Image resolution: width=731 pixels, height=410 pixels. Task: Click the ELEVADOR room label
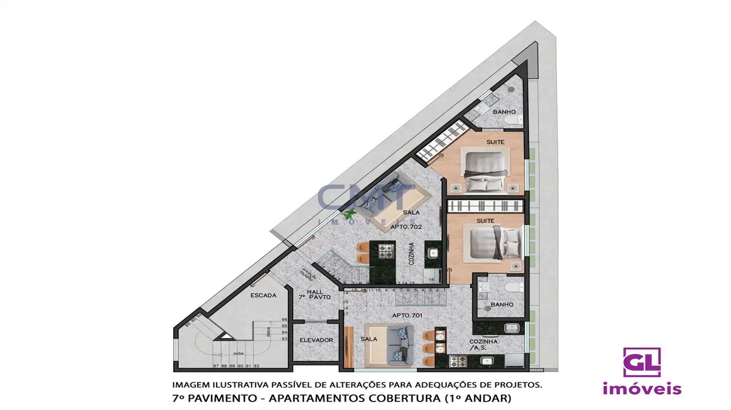[x=316, y=340]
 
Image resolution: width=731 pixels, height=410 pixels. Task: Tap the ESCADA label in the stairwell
[x=263, y=296]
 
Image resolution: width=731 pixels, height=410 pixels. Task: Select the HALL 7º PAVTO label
[x=315, y=295]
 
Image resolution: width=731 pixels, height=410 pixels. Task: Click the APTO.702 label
[x=406, y=227]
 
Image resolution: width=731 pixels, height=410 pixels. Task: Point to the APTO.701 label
[x=407, y=316]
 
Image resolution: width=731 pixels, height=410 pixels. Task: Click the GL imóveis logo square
[x=642, y=362]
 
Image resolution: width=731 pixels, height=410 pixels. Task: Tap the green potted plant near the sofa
[x=349, y=215]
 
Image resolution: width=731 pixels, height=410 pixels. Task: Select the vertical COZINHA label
[x=412, y=254]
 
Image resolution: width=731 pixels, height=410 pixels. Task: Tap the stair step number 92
[x=257, y=366]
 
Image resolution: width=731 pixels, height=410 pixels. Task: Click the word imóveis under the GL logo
[x=642, y=389]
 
